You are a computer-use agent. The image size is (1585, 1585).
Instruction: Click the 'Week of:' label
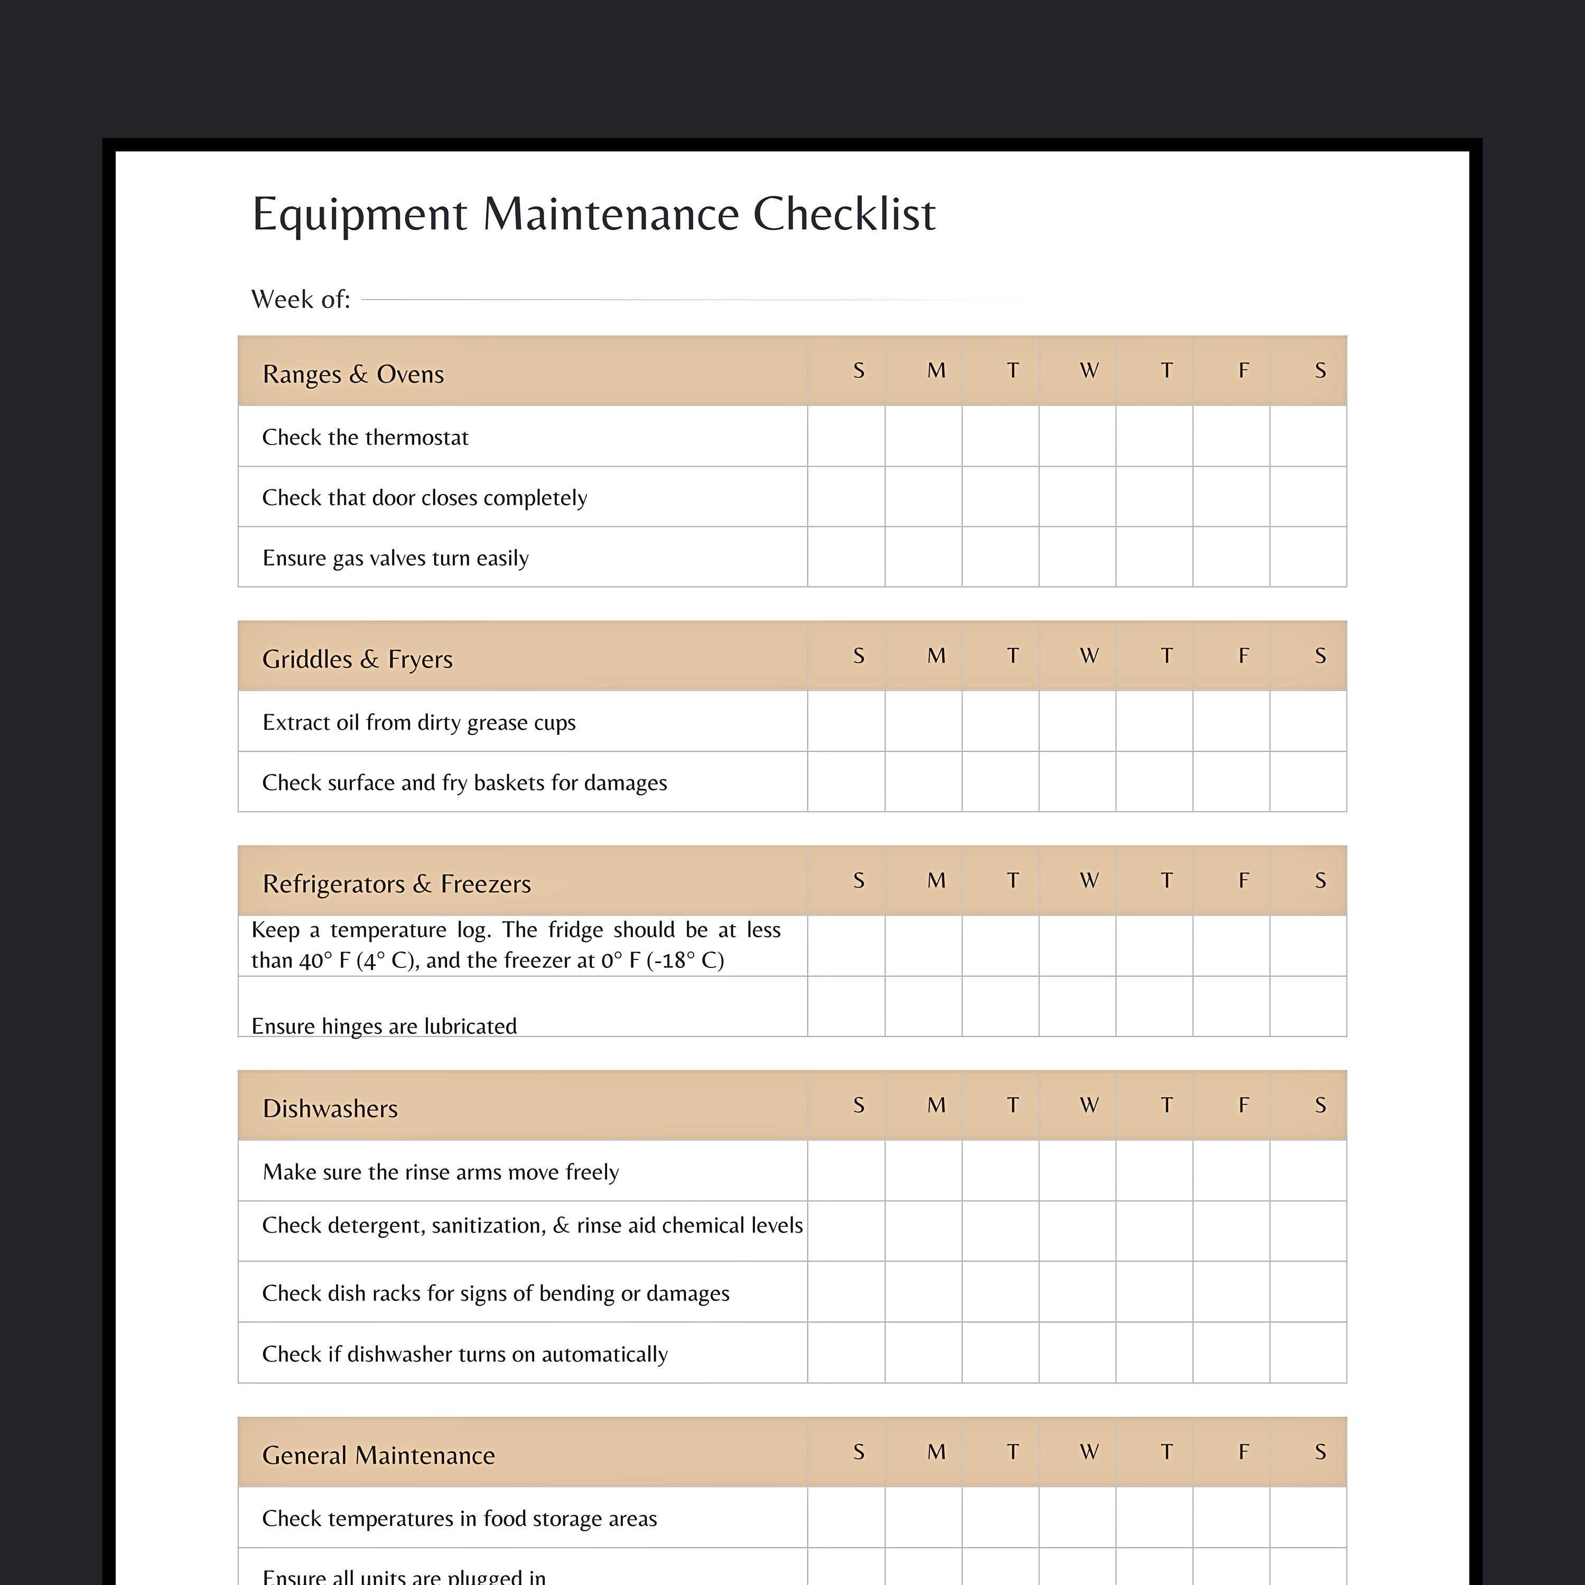point(300,300)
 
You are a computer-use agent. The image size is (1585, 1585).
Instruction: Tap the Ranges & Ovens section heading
point(353,374)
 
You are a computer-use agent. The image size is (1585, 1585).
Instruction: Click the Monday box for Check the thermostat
point(923,436)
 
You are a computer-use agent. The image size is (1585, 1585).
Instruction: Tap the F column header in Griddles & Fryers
point(1243,656)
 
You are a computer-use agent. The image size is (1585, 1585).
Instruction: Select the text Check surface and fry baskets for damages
point(464,782)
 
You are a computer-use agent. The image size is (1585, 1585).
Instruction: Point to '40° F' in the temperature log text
point(325,961)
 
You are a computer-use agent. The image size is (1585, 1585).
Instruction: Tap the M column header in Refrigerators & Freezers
point(936,880)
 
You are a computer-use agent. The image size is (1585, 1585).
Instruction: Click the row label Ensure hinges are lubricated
point(384,1027)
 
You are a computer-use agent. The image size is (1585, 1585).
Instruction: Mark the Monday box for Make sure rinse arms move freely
point(923,1171)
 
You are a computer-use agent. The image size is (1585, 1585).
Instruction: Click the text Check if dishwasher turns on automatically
point(464,1354)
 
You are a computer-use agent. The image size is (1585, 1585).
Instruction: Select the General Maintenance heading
point(378,1456)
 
